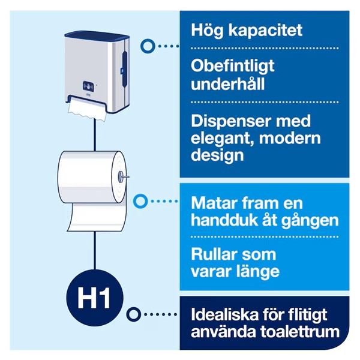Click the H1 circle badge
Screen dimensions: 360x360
[95, 296]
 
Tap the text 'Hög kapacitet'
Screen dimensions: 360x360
[246, 30]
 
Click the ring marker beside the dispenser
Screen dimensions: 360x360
[146, 45]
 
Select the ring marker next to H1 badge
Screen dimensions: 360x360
[136, 313]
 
